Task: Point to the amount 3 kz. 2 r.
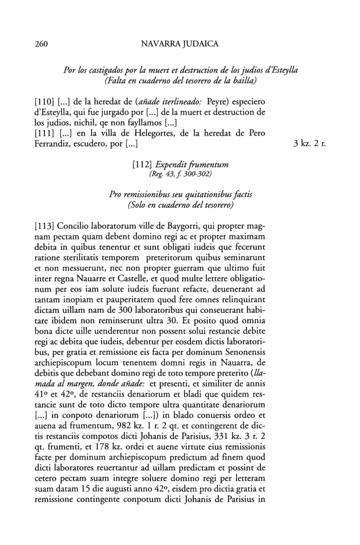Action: click(x=308, y=145)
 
